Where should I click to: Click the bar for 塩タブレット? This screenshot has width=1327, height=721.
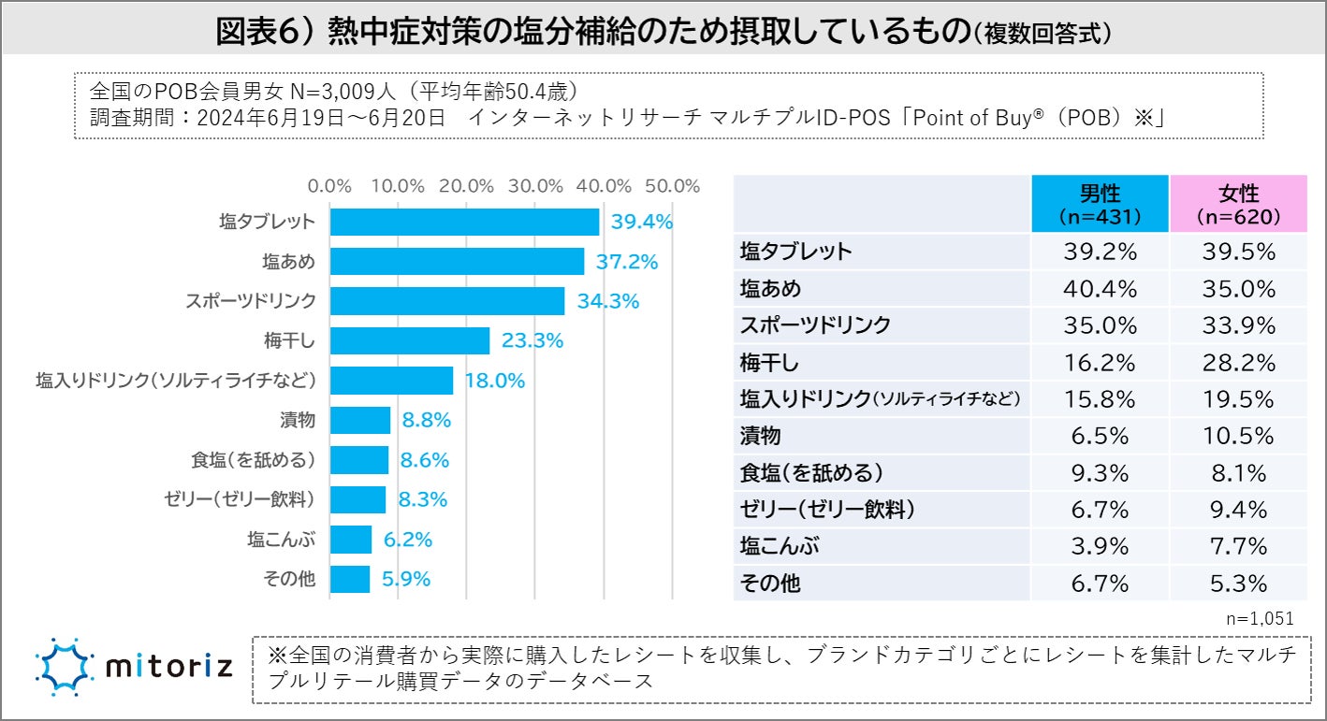coord(464,222)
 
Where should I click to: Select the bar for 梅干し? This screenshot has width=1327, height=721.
coord(410,341)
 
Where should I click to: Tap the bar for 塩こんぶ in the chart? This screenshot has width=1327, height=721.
coord(351,540)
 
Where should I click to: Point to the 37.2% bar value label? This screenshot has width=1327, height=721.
coord(627,262)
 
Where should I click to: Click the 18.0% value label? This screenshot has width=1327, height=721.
coord(495,382)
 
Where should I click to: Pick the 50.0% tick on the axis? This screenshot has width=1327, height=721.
coord(673,186)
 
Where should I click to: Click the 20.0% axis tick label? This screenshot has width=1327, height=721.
coord(466,186)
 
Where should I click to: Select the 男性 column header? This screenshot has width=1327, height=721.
coord(1100,204)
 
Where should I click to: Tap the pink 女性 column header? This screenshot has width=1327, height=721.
coord(1238,204)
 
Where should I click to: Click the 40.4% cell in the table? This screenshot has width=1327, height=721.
coord(1100,288)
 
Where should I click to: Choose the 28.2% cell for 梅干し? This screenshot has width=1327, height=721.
coord(1238,362)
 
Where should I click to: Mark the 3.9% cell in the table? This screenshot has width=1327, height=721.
coord(1100,546)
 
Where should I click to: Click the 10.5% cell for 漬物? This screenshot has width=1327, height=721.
coord(1238,436)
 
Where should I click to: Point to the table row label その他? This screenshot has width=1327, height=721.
coord(770,584)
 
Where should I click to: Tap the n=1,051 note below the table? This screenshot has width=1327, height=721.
coord(1259,618)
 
